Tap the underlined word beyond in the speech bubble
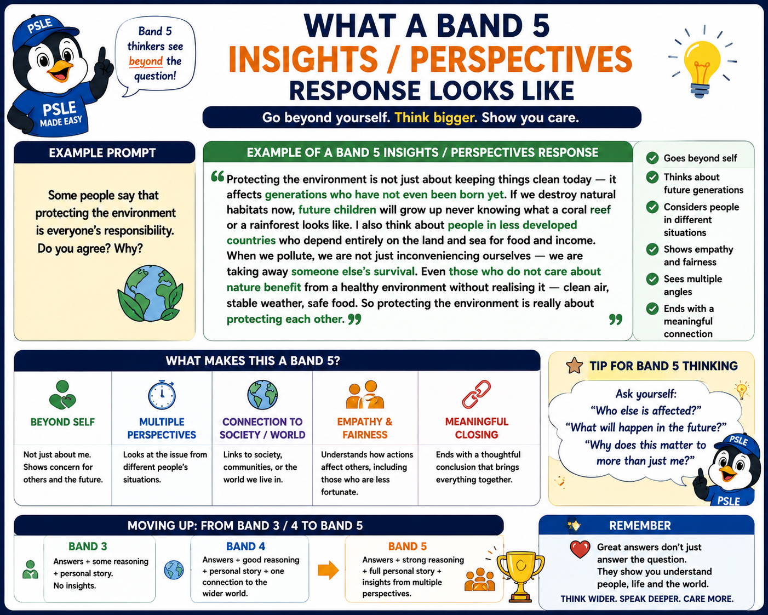click(x=146, y=61)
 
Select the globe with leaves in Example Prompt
click(x=150, y=293)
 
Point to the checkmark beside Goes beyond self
click(x=652, y=158)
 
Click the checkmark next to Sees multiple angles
click(x=652, y=279)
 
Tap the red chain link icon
click(x=477, y=394)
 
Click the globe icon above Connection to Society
click(x=262, y=394)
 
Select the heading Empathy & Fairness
click(x=365, y=428)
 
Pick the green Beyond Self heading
click(x=62, y=422)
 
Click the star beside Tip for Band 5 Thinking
click(x=574, y=366)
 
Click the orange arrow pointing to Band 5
click(x=328, y=570)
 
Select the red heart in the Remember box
click(x=580, y=549)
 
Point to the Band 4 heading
click(x=245, y=546)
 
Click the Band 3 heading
click(x=88, y=546)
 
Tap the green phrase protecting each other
click(x=285, y=319)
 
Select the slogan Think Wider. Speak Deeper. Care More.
click(x=647, y=599)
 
